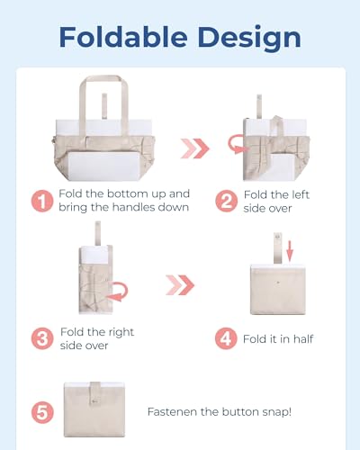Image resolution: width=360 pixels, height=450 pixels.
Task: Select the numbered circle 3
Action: click(41, 339)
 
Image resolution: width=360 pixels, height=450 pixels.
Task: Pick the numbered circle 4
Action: click(226, 339)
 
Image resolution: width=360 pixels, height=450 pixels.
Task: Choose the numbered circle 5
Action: click(41, 413)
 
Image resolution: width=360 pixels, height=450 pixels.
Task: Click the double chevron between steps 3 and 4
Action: click(180, 286)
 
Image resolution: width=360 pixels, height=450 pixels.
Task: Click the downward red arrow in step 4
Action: click(290, 247)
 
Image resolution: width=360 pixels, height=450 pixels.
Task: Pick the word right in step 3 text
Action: click(119, 332)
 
